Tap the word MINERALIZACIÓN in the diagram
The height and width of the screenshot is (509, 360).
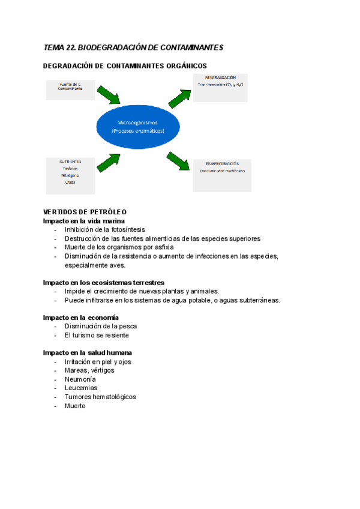(x=220, y=78)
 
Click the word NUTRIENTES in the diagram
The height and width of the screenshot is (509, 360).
(x=70, y=161)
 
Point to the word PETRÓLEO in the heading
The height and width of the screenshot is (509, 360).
(x=107, y=212)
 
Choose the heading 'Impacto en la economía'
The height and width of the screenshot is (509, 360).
(x=80, y=317)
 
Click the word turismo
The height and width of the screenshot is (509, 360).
(x=84, y=335)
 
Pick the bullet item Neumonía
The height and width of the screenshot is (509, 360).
(x=80, y=379)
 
